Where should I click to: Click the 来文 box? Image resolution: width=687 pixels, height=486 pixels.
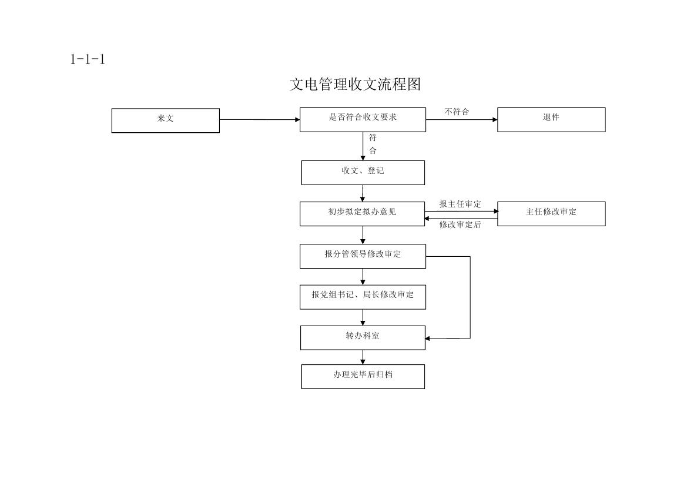click(166, 120)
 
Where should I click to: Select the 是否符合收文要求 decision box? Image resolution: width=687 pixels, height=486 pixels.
click(363, 120)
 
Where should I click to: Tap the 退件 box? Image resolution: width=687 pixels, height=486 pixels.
click(551, 120)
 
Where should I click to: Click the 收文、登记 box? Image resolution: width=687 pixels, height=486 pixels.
click(363, 173)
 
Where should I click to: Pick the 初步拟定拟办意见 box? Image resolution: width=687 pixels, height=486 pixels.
click(363, 214)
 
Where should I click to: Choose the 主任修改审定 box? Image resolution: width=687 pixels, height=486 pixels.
click(551, 214)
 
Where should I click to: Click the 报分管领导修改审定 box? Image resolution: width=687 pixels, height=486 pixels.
click(363, 256)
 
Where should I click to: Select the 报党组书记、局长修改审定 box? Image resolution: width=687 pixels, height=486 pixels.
click(363, 297)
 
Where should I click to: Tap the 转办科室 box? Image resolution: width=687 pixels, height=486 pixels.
click(363, 338)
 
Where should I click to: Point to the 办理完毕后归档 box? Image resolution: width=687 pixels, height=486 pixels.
click(363, 377)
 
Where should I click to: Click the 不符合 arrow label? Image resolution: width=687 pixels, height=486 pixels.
click(457, 112)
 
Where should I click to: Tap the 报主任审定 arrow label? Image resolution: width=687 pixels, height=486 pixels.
click(460, 205)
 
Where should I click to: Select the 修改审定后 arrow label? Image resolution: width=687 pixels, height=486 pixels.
click(460, 224)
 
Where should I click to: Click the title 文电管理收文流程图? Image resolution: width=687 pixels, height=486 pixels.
click(356, 84)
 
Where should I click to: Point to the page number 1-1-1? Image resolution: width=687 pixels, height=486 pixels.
click(88, 59)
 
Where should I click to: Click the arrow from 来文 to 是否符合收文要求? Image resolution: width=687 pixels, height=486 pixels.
click(260, 120)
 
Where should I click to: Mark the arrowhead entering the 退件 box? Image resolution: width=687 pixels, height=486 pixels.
click(495, 120)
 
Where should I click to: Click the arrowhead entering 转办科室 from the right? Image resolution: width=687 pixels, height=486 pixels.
click(428, 338)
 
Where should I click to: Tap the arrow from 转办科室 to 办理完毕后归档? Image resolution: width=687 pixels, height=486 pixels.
click(363, 357)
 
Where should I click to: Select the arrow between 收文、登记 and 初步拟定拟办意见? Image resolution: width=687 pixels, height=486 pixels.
click(363, 193)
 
